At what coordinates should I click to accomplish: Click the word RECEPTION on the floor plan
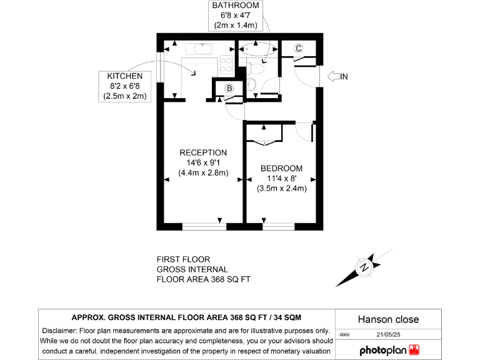(203, 152)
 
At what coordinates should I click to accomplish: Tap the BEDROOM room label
(281, 168)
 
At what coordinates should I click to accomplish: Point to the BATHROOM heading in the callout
(234, 6)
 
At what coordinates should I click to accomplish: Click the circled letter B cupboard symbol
(229, 89)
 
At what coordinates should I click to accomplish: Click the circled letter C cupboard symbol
(298, 48)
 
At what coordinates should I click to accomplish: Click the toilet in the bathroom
(252, 84)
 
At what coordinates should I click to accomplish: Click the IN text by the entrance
(343, 76)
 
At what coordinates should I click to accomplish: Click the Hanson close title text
(387, 319)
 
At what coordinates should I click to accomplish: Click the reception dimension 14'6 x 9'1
(203, 162)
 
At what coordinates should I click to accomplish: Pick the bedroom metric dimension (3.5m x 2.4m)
(281, 188)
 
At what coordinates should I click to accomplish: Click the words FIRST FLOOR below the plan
(183, 259)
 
